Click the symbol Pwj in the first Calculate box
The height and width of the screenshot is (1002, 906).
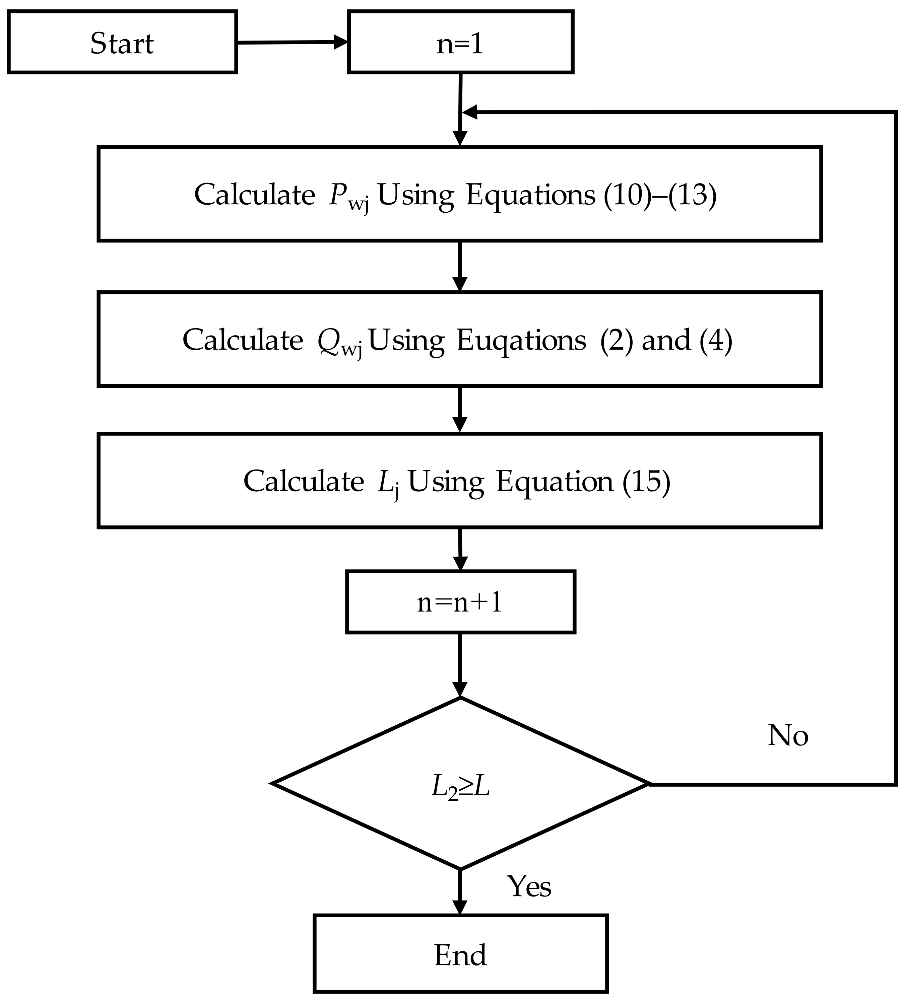click(348, 196)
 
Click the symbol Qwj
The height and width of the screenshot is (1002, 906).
click(340, 342)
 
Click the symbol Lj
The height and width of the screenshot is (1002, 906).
click(388, 483)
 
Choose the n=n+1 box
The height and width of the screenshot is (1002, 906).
click(460, 602)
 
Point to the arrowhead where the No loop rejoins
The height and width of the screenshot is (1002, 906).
click(470, 112)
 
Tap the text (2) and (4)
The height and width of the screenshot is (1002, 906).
click(666, 341)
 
